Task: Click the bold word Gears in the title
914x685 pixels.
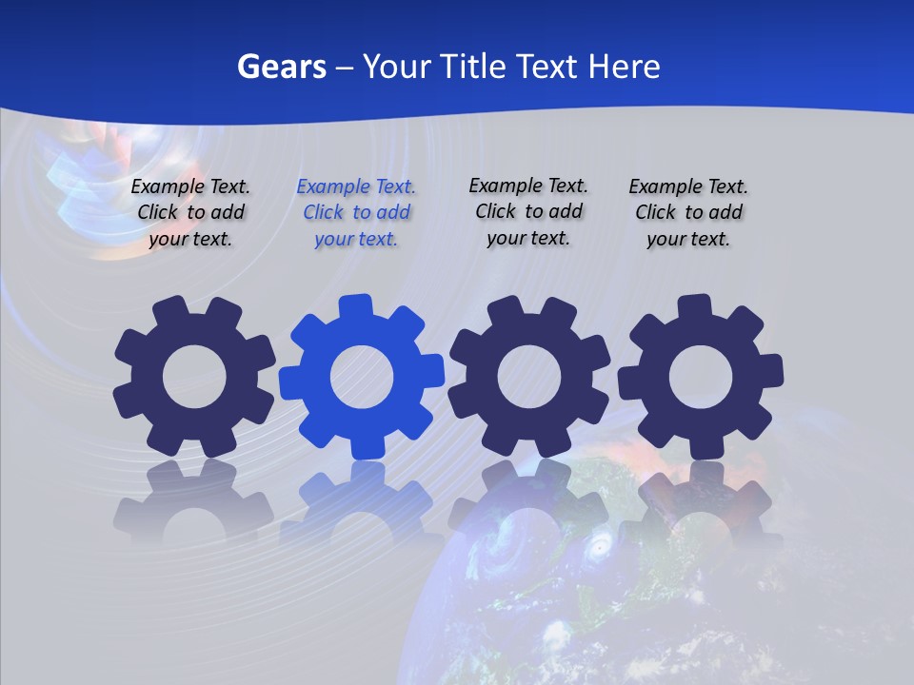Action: (282, 67)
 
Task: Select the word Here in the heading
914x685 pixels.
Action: (624, 67)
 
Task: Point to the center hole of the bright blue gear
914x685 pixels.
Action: (362, 378)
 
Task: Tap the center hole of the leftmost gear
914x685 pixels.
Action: (195, 378)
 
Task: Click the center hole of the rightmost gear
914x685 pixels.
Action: (701, 378)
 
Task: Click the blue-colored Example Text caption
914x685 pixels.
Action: (356, 213)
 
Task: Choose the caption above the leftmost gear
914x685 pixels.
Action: (190, 212)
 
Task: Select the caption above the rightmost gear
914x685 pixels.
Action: (688, 213)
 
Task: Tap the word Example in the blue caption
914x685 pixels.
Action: (334, 187)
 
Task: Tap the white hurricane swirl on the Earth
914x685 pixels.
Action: (599, 547)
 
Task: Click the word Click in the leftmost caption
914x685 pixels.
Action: (158, 212)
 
